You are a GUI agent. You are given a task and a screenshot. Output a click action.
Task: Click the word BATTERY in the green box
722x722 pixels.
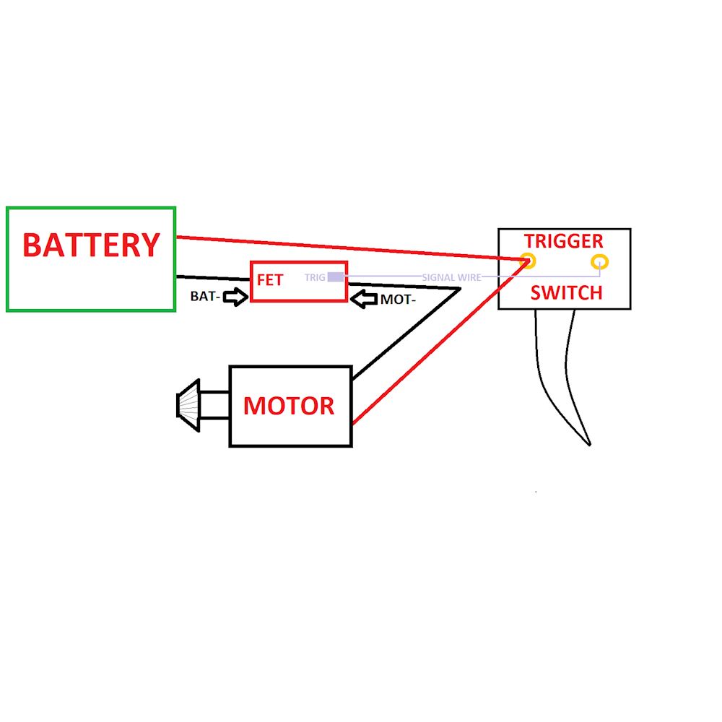point(90,245)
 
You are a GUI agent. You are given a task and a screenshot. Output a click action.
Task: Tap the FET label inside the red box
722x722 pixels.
point(270,279)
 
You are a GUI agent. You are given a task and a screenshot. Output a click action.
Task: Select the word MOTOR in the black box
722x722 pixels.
point(289,406)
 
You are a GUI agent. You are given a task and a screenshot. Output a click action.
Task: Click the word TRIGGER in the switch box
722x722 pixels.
point(563,241)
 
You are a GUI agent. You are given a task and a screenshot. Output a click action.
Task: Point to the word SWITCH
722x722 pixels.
point(566,292)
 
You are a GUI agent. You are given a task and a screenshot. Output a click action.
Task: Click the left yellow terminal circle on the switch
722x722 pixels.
point(529,261)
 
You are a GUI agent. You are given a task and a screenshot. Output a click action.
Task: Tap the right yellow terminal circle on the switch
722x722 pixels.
point(599,261)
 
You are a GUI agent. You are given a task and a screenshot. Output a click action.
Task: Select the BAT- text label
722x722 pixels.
point(205,296)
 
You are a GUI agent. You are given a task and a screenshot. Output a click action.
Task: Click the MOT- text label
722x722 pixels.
point(398,299)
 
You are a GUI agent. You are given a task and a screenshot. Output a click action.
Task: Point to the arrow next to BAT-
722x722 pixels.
point(235,296)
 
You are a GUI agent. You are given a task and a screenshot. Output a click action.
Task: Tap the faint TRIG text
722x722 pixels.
point(315,277)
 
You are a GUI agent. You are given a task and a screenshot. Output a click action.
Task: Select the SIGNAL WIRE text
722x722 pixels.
point(451,277)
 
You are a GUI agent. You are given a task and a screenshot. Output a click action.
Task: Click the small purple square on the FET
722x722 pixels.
point(336,277)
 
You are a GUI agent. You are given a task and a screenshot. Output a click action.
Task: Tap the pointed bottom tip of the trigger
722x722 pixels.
point(590,444)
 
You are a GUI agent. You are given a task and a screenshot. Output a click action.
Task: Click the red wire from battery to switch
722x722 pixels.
point(347,247)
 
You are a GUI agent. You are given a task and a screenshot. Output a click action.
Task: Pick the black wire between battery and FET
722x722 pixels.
point(213,278)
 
